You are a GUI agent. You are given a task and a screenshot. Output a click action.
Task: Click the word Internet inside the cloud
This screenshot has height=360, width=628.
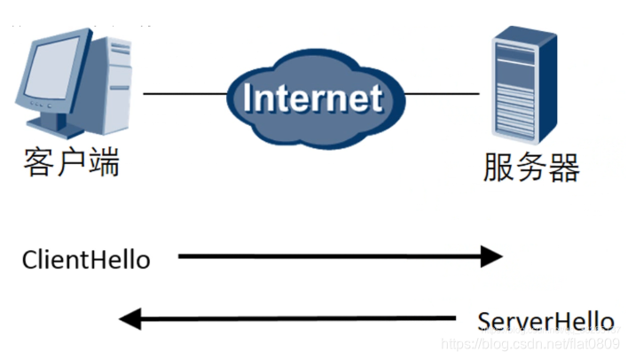[312, 97]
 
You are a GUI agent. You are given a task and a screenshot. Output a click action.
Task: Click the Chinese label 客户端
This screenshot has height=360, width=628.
[71, 163]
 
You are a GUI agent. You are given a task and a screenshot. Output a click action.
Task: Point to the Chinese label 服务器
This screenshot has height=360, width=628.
[530, 166]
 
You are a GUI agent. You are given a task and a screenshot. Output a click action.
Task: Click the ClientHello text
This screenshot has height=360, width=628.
[86, 260]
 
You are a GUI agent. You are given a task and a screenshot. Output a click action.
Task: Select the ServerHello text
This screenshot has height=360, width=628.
[546, 319]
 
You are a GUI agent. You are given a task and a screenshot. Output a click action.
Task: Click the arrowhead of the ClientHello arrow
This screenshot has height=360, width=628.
[492, 257]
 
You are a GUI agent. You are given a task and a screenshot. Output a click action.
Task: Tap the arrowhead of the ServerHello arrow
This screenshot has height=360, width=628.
[130, 317]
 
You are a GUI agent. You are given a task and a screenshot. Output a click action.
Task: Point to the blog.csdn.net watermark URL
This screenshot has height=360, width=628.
[532, 342]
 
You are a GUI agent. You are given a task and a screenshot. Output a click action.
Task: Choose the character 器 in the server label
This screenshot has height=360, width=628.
[563, 166]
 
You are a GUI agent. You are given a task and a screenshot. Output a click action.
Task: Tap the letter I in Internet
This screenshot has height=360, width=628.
[249, 97]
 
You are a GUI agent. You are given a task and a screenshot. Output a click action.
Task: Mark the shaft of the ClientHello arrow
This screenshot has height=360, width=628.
[328, 257]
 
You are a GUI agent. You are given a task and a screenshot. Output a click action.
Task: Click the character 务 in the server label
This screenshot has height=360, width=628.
[530, 166]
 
